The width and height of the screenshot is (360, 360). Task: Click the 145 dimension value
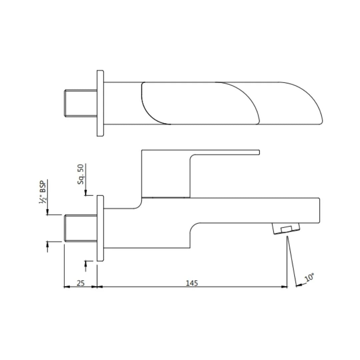[192, 283]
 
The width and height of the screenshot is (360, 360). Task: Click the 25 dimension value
[80, 283]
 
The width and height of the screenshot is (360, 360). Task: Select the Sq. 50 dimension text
[81, 174]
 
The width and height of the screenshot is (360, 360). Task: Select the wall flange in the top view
[100, 103]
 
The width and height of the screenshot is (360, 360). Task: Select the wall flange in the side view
[100, 228]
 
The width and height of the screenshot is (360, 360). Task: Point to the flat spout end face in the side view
[319, 210]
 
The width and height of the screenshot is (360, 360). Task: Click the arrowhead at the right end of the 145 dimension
[284, 286]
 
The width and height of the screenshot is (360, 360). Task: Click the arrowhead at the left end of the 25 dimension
[66, 286]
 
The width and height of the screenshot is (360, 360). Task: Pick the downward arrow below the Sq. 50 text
[86, 193]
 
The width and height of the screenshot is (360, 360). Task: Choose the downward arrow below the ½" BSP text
[47, 212]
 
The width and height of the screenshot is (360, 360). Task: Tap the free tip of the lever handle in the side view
[258, 152]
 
